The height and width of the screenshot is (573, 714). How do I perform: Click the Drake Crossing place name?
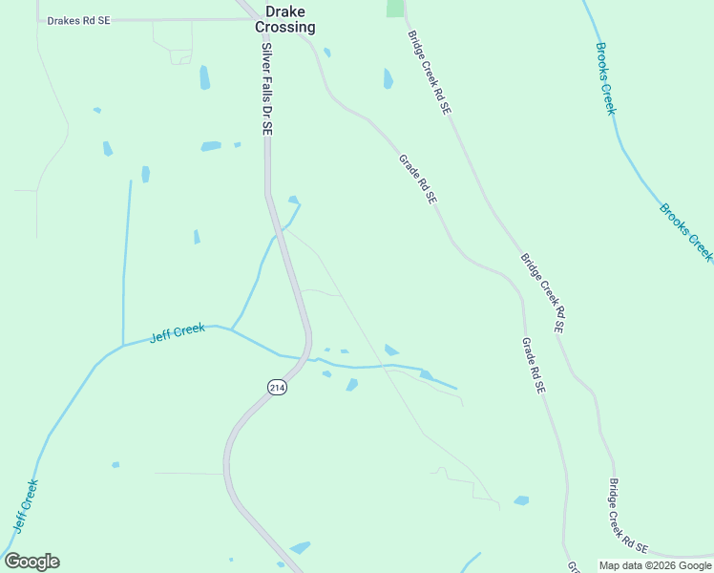tap(284, 18)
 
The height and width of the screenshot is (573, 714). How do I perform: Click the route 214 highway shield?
tap(277, 387)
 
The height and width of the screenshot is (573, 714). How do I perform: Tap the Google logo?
tap(31, 562)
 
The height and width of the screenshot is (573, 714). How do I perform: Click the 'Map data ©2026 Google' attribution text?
tap(655, 565)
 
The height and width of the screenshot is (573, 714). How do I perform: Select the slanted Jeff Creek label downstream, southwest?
tap(25, 505)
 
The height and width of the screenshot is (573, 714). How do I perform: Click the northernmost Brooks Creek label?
tap(606, 78)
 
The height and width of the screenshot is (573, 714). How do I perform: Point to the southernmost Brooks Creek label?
tap(686, 231)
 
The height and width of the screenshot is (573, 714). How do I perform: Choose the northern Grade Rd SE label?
tap(417, 179)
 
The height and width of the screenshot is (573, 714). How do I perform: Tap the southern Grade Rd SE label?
tap(533, 366)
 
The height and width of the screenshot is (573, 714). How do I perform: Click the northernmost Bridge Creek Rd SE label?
tap(429, 73)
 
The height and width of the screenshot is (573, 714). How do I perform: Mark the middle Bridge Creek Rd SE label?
tap(542, 292)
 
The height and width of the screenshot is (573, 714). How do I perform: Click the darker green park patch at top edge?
tap(395, 8)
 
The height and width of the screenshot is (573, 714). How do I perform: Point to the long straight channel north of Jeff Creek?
tap(125, 258)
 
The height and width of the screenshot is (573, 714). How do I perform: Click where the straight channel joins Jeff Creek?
tap(123, 345)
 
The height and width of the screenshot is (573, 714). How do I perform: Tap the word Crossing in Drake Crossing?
tap(284, 28)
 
